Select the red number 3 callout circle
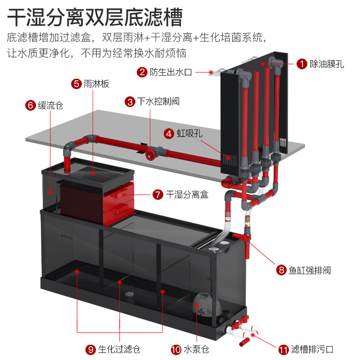(130, 102)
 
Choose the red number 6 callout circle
(30, 106)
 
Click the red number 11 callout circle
(283, 349)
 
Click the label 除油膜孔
(327, 64)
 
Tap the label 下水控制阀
(159, 102)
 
